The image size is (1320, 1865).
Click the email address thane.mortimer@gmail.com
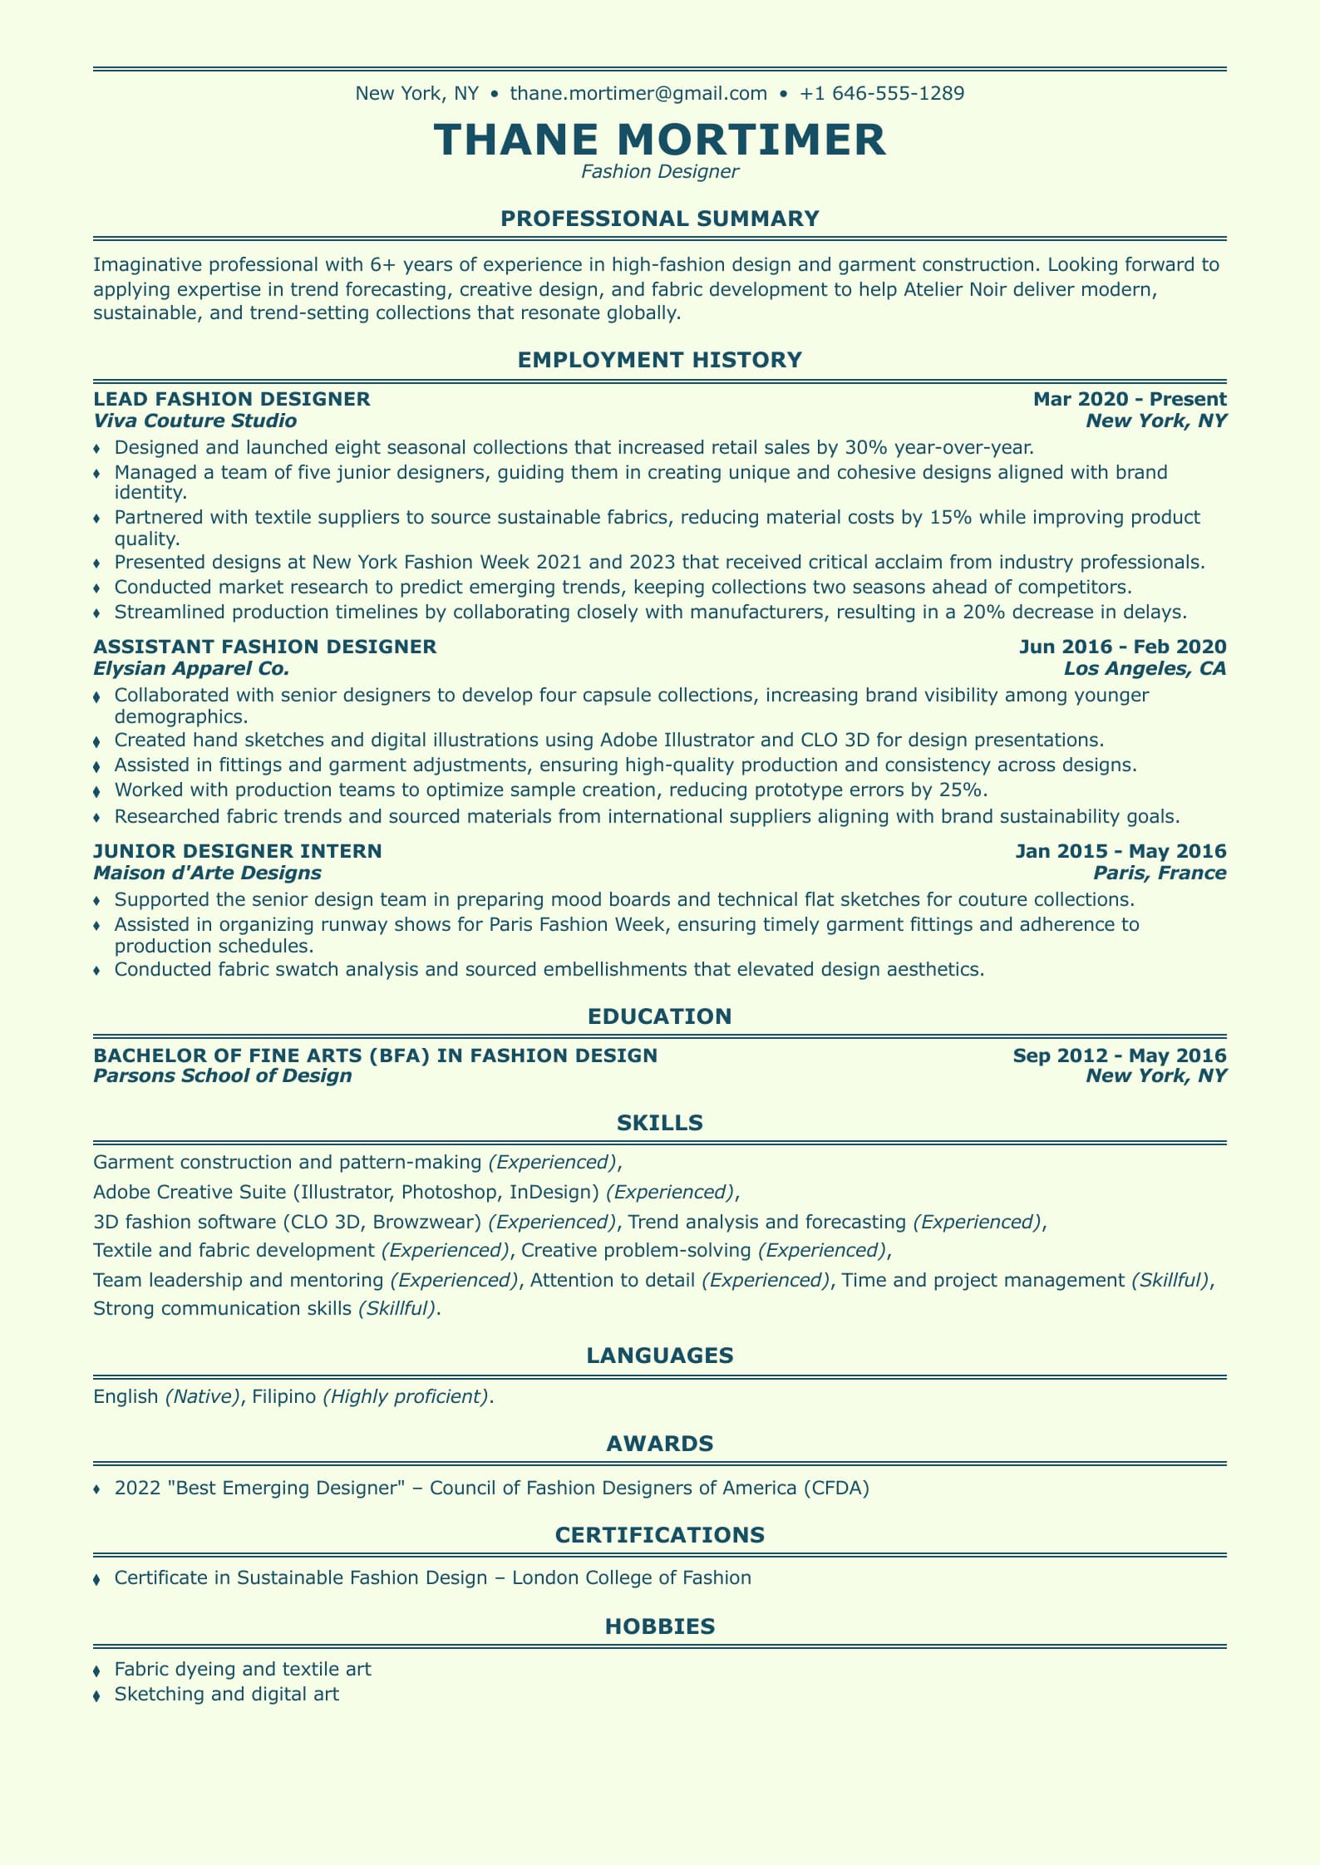[638, 93]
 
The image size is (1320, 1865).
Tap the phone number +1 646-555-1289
[882, 93]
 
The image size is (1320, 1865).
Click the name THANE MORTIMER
[660, 139]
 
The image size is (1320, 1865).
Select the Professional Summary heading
[660, 219]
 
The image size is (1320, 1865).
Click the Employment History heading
[660, 360]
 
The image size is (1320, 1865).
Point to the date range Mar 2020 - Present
[1130, 399]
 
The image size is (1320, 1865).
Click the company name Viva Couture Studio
[195, 421]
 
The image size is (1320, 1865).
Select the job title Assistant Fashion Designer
[265, 647]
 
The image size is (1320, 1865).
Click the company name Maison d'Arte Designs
[207, 873]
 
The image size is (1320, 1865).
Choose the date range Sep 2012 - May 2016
[1120, 1056]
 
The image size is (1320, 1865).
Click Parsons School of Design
[223, 1076]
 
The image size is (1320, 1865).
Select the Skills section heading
[660, 1124]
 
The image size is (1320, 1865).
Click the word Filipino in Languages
[283, 1396]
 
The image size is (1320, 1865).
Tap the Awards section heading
[660, 1444]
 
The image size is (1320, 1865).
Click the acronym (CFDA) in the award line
[836, 1488]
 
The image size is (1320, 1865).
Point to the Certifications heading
[660, 1535]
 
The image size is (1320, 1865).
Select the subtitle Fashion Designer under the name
[660, 172]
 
